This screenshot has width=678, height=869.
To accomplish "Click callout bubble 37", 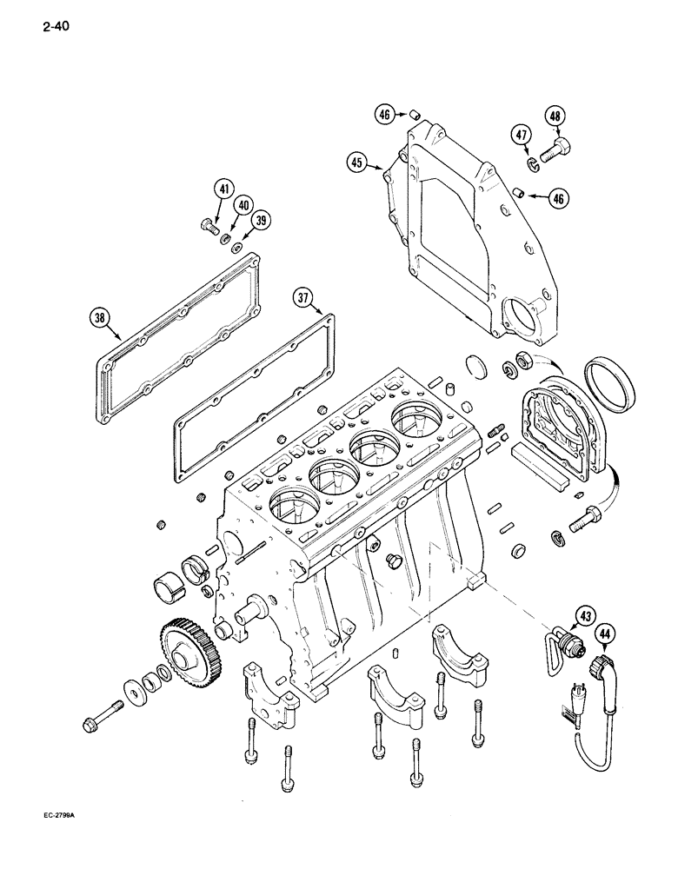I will pos(302,297).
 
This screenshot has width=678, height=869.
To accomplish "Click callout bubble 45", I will pos(358,163).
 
